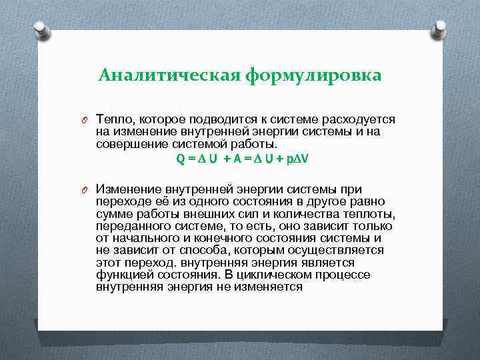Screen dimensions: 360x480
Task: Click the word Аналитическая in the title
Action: (169, 75)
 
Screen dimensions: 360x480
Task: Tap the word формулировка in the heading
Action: (313, 75)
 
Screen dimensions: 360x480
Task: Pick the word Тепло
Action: (113, 119)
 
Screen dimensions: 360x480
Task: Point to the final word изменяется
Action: (271, 287)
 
